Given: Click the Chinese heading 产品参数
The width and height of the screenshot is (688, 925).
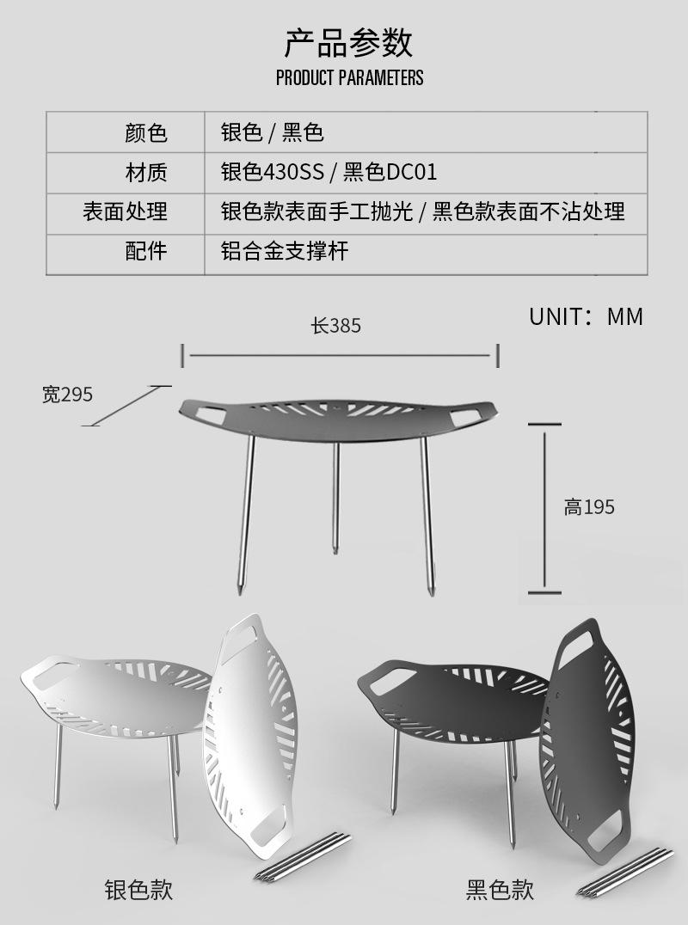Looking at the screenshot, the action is coord(348,42).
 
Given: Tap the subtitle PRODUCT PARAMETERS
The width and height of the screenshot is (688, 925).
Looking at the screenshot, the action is coord(349,78).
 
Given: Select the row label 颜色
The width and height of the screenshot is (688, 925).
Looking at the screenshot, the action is coord(146,132).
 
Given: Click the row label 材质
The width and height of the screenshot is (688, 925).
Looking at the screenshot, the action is coord(146,172).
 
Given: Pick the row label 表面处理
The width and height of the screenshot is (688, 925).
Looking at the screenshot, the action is coord(126,211).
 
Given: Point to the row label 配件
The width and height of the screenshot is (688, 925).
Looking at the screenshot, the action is coord(146,251).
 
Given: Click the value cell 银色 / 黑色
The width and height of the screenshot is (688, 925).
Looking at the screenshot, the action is coord(272,132).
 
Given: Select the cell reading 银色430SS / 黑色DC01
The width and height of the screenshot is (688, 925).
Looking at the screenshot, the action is coord(329,172).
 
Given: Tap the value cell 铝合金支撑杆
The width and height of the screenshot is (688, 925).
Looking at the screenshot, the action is coord(284,251).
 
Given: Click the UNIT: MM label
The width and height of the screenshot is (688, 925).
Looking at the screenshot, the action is coord(586,316).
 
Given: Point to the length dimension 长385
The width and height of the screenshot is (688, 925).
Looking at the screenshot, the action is coord(335,326).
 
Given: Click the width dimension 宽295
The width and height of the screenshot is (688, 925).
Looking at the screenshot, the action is coord(67,395).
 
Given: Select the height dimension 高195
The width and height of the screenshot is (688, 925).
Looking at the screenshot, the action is coord(589,507).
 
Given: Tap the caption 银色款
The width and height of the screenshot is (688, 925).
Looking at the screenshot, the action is coord(138,889).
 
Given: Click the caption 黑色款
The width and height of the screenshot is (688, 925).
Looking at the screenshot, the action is coord(500,889).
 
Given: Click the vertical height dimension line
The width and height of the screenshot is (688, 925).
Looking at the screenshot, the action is coord(544,507).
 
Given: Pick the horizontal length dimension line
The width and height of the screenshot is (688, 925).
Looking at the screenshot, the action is coord(340,354).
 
